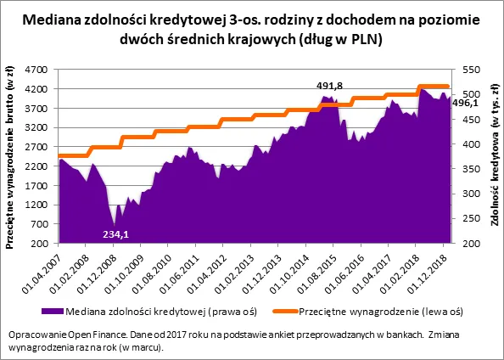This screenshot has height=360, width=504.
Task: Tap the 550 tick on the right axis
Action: point(471,70)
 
